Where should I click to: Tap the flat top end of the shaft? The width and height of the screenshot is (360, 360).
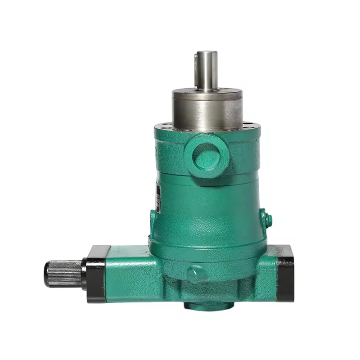click(x=206, y=53)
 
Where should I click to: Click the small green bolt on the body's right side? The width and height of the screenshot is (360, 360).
click(x=268, y=220)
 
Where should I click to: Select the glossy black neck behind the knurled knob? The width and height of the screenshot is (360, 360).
click(x=84, y=274)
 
